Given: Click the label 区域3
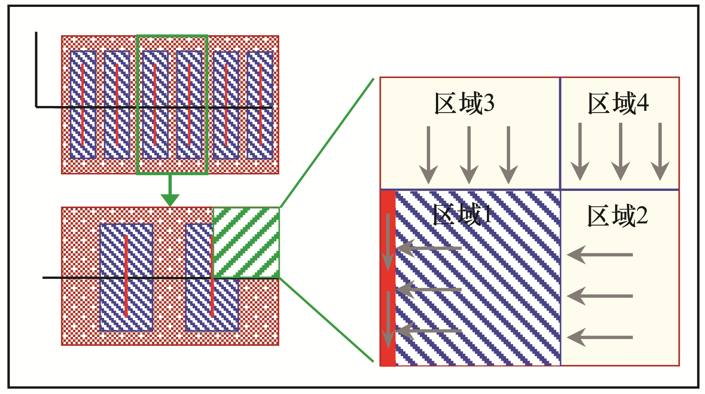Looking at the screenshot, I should (x=464, y=103).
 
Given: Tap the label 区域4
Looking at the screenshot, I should (x=618, y=103).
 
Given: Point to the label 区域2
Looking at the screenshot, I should (x=617, y=216).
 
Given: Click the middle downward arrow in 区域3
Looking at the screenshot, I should (x=469, y=155).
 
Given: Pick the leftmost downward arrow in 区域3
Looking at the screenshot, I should (x=428, y=155).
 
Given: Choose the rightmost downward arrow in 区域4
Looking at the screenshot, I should (x=660, y=151).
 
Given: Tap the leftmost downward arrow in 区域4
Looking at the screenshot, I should (x=580, y=151).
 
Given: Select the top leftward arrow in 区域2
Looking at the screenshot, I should (x=600, y=254).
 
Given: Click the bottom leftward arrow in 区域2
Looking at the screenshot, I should (x=600, y=337).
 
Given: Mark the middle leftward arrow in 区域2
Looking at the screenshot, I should (x=600, y=296).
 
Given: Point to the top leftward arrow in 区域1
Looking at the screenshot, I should (x=429, y=248).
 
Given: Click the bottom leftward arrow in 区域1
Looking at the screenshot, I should (x=429, y=331).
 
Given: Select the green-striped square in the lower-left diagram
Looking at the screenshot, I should (x=246, y=243).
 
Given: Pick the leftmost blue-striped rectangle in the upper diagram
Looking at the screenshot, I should (x=83, y=104).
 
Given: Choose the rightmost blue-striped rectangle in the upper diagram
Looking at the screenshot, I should (x=260, y=104).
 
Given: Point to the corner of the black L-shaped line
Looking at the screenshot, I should (x=36, y=107).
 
